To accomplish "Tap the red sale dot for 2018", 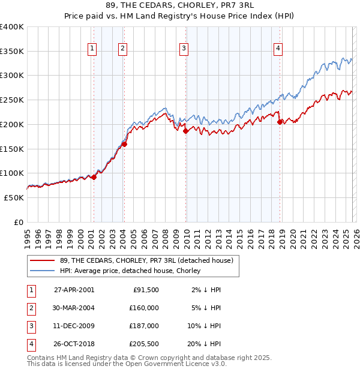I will (280, 122).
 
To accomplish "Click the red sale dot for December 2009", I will (185, 131).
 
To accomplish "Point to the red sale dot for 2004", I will (124, 144).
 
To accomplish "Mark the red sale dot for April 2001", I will (94, 177).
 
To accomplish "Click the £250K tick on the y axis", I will (12, 100).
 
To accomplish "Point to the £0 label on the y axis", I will (19, 222).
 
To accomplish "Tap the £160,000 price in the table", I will (145, 308).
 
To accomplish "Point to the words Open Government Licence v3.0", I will (175, 364).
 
